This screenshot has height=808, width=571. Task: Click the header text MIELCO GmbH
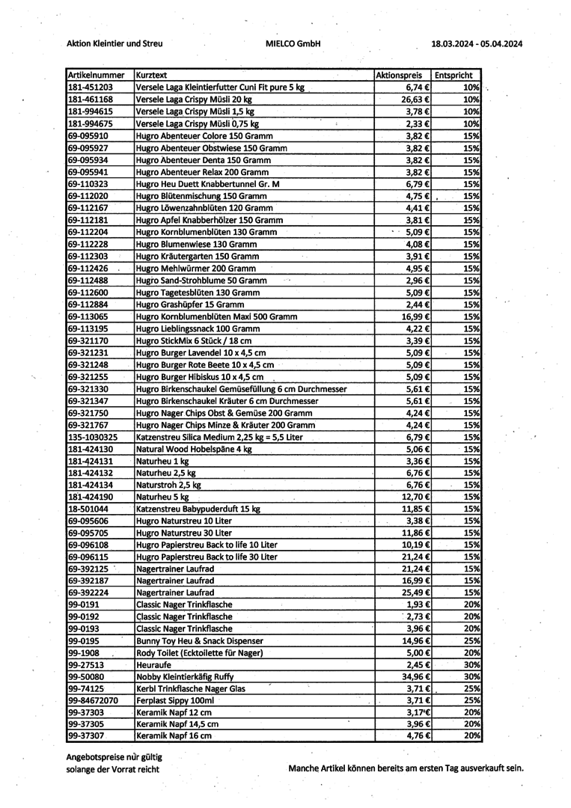point(293,43)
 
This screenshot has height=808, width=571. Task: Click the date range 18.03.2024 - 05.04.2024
point(477,43)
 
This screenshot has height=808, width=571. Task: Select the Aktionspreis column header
point(399,76)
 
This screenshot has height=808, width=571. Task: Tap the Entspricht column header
point(454,76)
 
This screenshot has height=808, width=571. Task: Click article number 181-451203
point(91,88)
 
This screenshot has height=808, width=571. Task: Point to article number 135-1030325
point(93,437)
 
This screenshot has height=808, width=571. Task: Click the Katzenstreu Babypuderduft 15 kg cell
point(198,509)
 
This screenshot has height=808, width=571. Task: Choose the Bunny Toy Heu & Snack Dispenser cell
point(200,640)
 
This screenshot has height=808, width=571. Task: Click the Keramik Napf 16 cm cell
point(174,736)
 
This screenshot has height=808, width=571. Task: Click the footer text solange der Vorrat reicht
point(112,769)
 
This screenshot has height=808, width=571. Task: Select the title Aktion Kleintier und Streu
point(114,43)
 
